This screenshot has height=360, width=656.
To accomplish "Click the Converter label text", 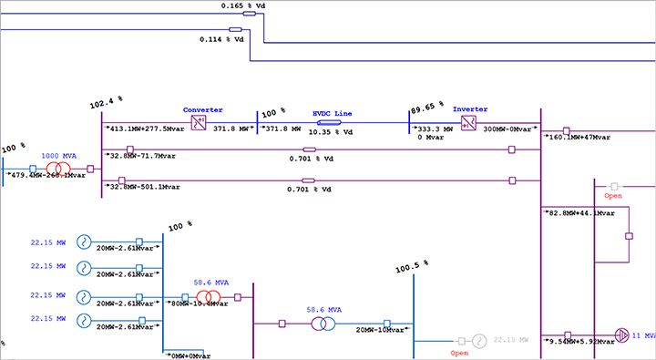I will click(x=202, y=109).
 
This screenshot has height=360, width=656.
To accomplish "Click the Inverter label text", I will click(x=469, y=109).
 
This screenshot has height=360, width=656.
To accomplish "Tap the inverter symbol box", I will click(x=467, y=122).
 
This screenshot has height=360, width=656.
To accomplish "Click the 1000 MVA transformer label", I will click(x=57, y=157).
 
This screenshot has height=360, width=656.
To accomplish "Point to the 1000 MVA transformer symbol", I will click(x=57, y=169).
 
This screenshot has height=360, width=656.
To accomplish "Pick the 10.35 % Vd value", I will click(x=333, y=132).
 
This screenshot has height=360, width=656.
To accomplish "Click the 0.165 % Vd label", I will click(x=243, y=5).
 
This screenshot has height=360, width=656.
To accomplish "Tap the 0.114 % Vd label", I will click(x=222, y=39).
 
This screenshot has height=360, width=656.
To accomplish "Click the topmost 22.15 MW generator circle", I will click(x=83, y=242).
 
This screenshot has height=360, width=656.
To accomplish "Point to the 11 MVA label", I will click(x=643, y=335).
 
